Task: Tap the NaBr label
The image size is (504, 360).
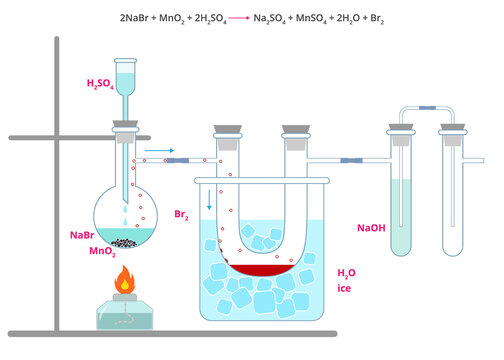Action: tap(81, 235)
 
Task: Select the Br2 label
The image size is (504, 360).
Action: tap(182, 215)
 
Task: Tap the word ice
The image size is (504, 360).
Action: tap(344, 289)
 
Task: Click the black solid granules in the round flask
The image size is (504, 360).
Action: tap(125, 242)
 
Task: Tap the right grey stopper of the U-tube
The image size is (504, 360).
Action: tap(295, 130)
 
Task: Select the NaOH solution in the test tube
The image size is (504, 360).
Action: tap(402, 215)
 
